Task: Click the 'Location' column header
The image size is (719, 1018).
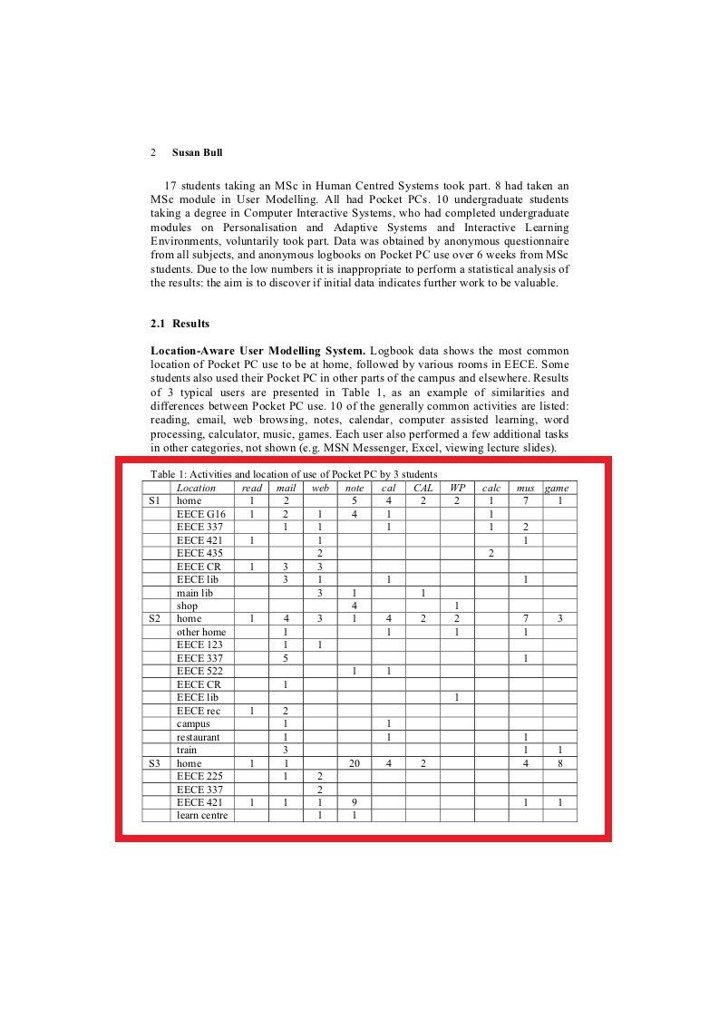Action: point(196,488)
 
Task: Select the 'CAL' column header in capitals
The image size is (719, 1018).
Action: point(423,488)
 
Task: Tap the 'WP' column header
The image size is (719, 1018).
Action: point(457,488)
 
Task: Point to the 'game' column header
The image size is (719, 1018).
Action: point(557,488)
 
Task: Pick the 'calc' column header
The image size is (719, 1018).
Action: point(491,488)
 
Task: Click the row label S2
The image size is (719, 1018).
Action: point(154,618)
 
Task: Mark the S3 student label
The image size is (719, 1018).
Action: point(154,763)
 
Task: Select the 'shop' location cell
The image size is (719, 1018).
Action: point(187,606)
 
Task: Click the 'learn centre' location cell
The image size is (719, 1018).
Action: point(203,816)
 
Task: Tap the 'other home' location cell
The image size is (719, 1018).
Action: point(201,632)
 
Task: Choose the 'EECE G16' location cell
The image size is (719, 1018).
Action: point(201,514)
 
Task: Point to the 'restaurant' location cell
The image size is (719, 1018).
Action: point(199,737)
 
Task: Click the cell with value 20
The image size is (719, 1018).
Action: point(355,763)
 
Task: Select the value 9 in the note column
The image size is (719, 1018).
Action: point(355,802)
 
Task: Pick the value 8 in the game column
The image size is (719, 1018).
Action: point(560,763)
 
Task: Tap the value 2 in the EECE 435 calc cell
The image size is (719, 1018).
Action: point(491,553)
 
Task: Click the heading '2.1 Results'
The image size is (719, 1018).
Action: point(180,324)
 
